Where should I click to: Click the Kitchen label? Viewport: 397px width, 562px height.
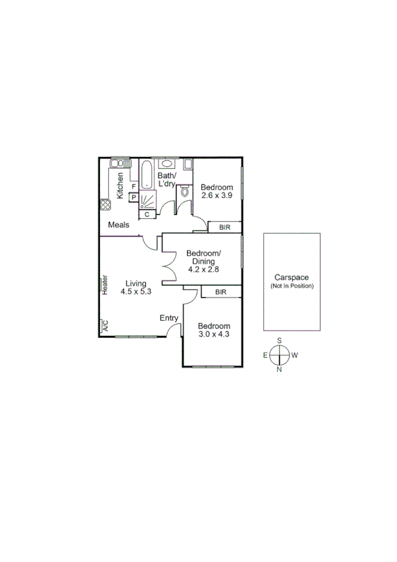coord(121,185)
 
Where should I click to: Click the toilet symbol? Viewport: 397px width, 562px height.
coord(184,191)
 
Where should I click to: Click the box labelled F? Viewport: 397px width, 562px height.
coord(133,188)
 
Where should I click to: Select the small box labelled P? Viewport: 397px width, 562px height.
coord(133,197)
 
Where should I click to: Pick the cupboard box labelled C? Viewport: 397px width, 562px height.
coord(146,213)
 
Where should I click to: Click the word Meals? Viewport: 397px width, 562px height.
coord(119,225)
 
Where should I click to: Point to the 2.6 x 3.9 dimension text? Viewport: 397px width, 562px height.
coord(217,196)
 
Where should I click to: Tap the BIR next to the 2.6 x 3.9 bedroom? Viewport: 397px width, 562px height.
coord(224,227)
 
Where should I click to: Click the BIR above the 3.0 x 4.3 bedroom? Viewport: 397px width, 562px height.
coord(221,292)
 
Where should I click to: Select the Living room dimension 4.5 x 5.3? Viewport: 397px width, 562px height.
coord(136,291)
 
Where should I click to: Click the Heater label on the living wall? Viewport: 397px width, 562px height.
coord(105,284)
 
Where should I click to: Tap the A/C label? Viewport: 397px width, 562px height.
coord(104,325)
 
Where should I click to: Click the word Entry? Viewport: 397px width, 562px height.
coord(169,318)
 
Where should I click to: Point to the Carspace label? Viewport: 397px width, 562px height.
coord(292,278)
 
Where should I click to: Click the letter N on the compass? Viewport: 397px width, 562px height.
coord(280,370)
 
